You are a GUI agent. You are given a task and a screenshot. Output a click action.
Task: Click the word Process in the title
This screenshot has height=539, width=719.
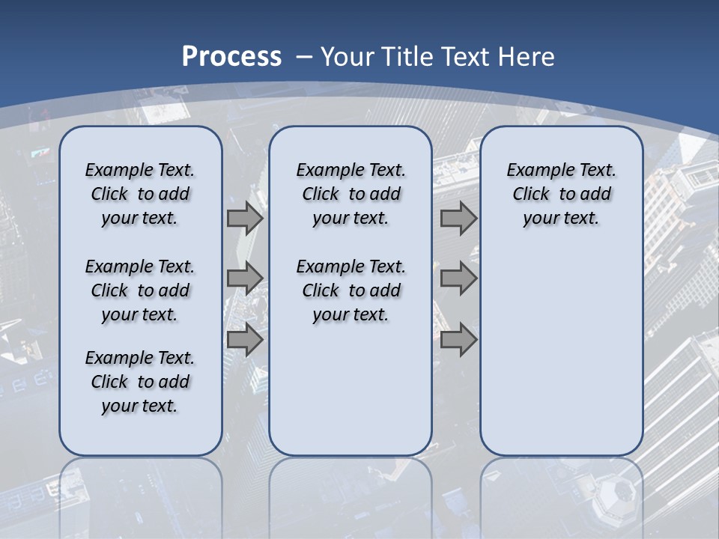coord(231,56)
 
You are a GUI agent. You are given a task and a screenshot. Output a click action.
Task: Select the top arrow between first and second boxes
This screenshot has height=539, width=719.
coord(245,219)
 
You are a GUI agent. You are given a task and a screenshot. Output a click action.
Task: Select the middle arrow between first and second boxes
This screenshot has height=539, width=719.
coord(245,278)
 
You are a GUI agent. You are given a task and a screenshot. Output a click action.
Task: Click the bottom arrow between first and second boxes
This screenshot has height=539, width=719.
coord(245,340)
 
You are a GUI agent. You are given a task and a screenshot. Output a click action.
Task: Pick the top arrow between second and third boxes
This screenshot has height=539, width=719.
coord(458,219)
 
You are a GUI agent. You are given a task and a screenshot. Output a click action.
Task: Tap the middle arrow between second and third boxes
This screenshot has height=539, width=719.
coord(458,278)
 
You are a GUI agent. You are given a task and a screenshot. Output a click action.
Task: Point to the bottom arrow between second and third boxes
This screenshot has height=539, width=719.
coord(458,340)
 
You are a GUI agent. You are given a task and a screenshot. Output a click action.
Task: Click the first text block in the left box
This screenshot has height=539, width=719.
coord(140,194)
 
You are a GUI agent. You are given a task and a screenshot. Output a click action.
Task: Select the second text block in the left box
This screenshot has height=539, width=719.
coord(140,290)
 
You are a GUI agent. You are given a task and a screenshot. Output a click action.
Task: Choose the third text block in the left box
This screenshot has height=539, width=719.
coord(140,382)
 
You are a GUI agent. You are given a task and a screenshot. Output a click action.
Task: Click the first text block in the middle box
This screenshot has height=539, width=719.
coord(351,194)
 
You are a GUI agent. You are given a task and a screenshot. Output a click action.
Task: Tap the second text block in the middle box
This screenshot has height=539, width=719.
coord(351,290)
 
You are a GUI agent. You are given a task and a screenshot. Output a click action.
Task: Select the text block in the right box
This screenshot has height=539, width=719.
coord(561,194)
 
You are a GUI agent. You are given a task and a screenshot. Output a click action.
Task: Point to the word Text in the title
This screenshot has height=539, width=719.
coord(464,56)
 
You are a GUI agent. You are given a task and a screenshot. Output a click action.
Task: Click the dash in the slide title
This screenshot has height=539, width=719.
coord(304,57)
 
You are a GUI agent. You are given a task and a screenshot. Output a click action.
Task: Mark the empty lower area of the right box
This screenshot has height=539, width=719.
coord(561,352)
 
